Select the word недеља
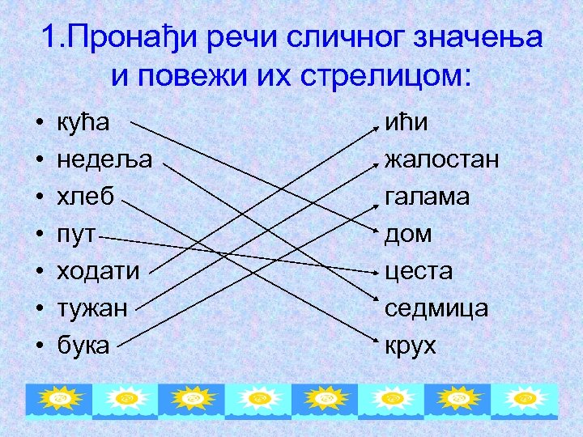tap(104, 160)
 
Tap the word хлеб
tap(85, 197)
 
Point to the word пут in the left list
tap(76, 235)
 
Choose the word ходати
tap(97, 271)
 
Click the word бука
tap(83, 346)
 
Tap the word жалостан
tap(441, 160)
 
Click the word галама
tap(427, 197)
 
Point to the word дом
tap(408, 235)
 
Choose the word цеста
tap(419, 271)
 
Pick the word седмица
tap(436, 308)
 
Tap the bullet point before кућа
tap(40, 124)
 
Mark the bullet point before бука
tap(40, 346)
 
